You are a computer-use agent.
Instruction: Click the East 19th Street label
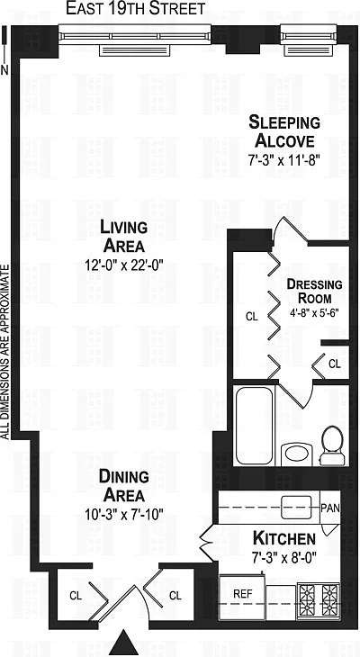[x=136, y=8]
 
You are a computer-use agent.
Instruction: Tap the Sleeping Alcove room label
[x=284, y=131]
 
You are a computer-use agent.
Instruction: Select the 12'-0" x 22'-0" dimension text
[x=123, y=265]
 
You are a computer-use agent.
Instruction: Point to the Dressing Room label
[x=314, y=291]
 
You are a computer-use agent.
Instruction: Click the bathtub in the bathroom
[x=254, y=426]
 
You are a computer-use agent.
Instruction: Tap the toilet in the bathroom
[x=332, y=445]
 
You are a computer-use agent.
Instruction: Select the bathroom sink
[x=297, y=453]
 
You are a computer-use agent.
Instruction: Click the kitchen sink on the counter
[x=297, y=508]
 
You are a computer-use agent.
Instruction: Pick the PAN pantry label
[x=330, y=508]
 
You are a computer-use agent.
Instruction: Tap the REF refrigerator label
[x=243, y=594]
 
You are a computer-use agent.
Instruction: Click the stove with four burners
[x=319, y=602]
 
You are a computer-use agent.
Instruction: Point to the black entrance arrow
[x=123, y=643]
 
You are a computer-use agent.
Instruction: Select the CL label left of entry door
[x=76, y=596]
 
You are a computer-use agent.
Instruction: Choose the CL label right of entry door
[x=175, y=596]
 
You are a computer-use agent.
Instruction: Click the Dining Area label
[x=124, y=486]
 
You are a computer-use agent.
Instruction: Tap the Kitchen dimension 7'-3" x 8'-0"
[x=284, y=558]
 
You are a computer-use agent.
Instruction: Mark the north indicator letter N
[x=4, y=70]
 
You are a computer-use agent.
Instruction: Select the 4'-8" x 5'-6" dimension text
[x=314, y=312]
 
